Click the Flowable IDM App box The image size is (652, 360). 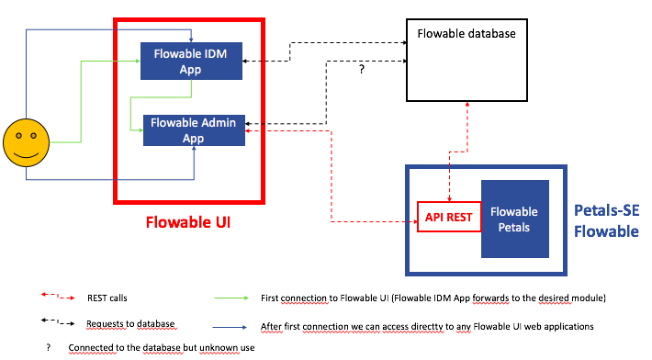pos(191,61)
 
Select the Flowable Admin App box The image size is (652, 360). pos(194,130)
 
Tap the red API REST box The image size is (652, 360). pos(449,217)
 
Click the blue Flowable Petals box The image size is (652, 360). pos(515,219)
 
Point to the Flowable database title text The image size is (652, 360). pos(467,34)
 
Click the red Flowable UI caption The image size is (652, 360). pos(188,222)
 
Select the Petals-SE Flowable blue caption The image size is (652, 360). pos(606,220)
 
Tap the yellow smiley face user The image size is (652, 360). pos(27,142)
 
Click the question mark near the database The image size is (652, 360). pos(361,70)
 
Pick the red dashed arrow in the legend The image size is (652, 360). pos(58,297)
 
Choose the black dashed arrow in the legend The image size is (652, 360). pos(58,321)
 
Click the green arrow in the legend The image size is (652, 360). pos(231,298)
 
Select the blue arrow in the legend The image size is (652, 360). pos(230,327)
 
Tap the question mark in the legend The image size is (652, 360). pos(49,347)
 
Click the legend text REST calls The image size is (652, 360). pos(107,298)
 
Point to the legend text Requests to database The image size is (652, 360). pos(130,324)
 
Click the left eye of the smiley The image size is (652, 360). pos(18,136)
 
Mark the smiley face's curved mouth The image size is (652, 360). pos(26,155)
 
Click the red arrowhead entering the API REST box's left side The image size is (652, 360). pos(415,221)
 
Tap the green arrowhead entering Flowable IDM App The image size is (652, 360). pos(138,62)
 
